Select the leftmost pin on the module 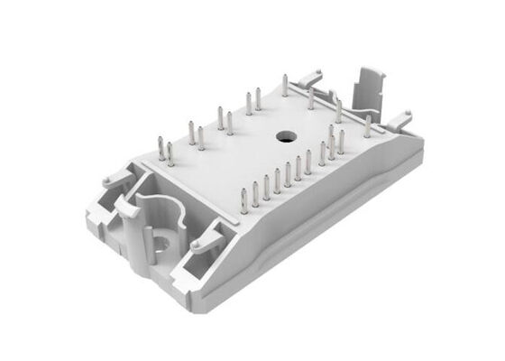(x=161, y=150)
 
